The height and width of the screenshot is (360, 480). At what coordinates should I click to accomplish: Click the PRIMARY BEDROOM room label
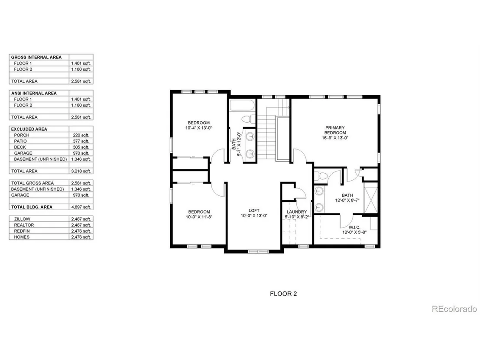pyautogui.click(x=335, y=130)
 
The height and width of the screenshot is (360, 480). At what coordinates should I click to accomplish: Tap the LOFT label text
pyautogui.click(x=254, y=210)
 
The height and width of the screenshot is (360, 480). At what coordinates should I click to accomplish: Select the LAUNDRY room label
pyautogui.click(x=297, y=212)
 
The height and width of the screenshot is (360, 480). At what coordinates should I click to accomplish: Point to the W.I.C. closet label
pyautogui.click(x=354, y=227)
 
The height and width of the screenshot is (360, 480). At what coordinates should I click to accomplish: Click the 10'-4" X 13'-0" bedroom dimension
pyautogui.click(x=199, y=128)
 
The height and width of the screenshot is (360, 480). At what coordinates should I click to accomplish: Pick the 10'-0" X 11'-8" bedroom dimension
pyautogui.click(x=199, y=217)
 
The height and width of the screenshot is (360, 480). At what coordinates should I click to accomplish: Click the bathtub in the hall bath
pyautogui.click(x=243, y=105)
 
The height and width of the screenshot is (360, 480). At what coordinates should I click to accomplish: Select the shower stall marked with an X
pyautogui.click(x=370, y=198)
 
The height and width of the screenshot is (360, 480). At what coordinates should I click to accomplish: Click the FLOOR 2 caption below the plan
pyautogui.click(x=283, y=294)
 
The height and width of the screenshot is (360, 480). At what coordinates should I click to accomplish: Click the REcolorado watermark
pyautogui.click(x=454, y=309)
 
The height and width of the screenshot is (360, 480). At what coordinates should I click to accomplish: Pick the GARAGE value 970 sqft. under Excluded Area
pyautogui.click(x=81, y=153)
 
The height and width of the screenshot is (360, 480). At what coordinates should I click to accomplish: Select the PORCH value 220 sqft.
pyautogui.click(x=81, y=135)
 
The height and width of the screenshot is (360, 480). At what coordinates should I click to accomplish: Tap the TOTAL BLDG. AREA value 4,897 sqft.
pyautogui.click(x=81, y=207)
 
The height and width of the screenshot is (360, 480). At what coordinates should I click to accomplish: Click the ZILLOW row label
pyautogui.click(x=22, y=219)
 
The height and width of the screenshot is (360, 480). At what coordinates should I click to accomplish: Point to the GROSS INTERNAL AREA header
pyautogui.click(x=36, y=57)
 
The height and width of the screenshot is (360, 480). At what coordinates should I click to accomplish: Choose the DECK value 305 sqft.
pyautogui.click(x=81, y=147)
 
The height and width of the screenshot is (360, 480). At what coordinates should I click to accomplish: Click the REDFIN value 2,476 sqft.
pyautogui.click(x=81, y=231)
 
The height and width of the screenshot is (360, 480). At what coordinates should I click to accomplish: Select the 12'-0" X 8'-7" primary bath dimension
pyautogui.click(x=347, y=201)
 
